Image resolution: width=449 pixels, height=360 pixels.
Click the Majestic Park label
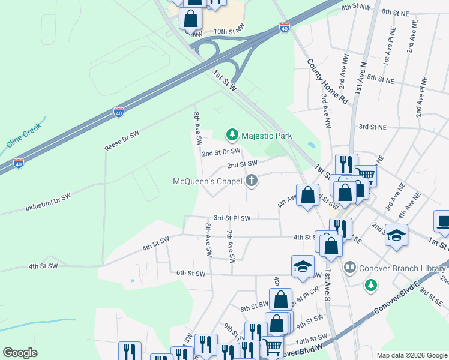click(267, 136)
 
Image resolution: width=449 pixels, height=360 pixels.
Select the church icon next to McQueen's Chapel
click(252, 181)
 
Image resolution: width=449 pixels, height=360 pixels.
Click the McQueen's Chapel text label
click(207, 181)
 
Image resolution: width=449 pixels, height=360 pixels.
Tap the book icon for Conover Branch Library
click(349, 265)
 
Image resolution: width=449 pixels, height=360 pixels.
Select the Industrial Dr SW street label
click(48, 202)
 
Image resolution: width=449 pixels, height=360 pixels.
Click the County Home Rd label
click(327, 82)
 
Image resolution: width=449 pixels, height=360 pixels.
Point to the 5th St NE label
click(381, 79)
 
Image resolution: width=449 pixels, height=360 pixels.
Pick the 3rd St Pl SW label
click(232, 218)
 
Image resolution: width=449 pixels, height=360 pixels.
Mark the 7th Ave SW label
click(230, 246)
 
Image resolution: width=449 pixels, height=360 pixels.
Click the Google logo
click(20, 353)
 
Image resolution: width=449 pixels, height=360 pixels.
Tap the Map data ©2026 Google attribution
click(411, 355)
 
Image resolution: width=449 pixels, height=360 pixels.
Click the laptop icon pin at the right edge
click(443, 221)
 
